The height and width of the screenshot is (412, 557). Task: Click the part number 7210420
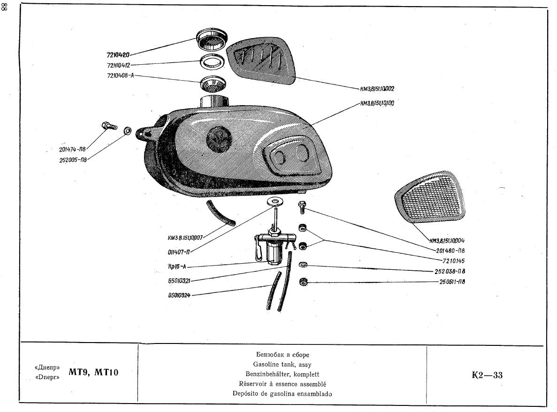coord(117,55)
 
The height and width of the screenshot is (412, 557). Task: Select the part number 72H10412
coord(118,65)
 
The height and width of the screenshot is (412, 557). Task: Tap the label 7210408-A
coord(120,76)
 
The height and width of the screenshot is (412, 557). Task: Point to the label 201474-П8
coord(73,150)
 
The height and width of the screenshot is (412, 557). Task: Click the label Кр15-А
coord(177,267)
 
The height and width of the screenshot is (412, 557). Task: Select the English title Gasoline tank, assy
coord(282,364)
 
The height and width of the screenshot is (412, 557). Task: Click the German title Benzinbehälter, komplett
coord(282,374)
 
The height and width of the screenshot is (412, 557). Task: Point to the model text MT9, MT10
coord(93,373)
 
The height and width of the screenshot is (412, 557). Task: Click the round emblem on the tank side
coord(217,138)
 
